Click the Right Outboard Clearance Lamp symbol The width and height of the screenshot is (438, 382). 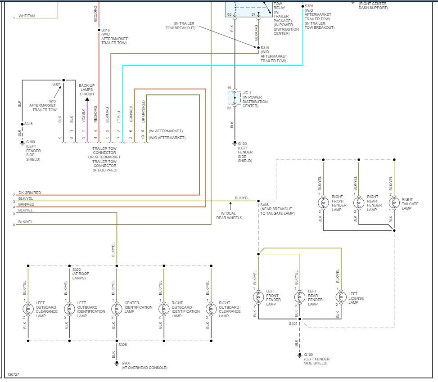click(x=210, y=309)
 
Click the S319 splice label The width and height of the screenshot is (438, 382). click(x=265, y=47)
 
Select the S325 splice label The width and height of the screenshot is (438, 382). click(x=122, y=345)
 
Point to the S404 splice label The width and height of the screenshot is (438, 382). click(x=293, y=323)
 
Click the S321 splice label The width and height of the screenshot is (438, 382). click(x=56, y=84)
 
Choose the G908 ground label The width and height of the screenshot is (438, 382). click(x=126, y=363)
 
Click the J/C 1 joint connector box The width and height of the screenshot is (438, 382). click(x=234, y=97)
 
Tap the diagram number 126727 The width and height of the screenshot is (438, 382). click(x=14, y=374)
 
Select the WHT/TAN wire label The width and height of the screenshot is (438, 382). click(x=27, y=16)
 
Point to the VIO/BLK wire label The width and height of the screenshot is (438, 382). click(x=83, y=116)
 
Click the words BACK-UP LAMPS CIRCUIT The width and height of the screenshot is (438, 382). click(x=86, y=90)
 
